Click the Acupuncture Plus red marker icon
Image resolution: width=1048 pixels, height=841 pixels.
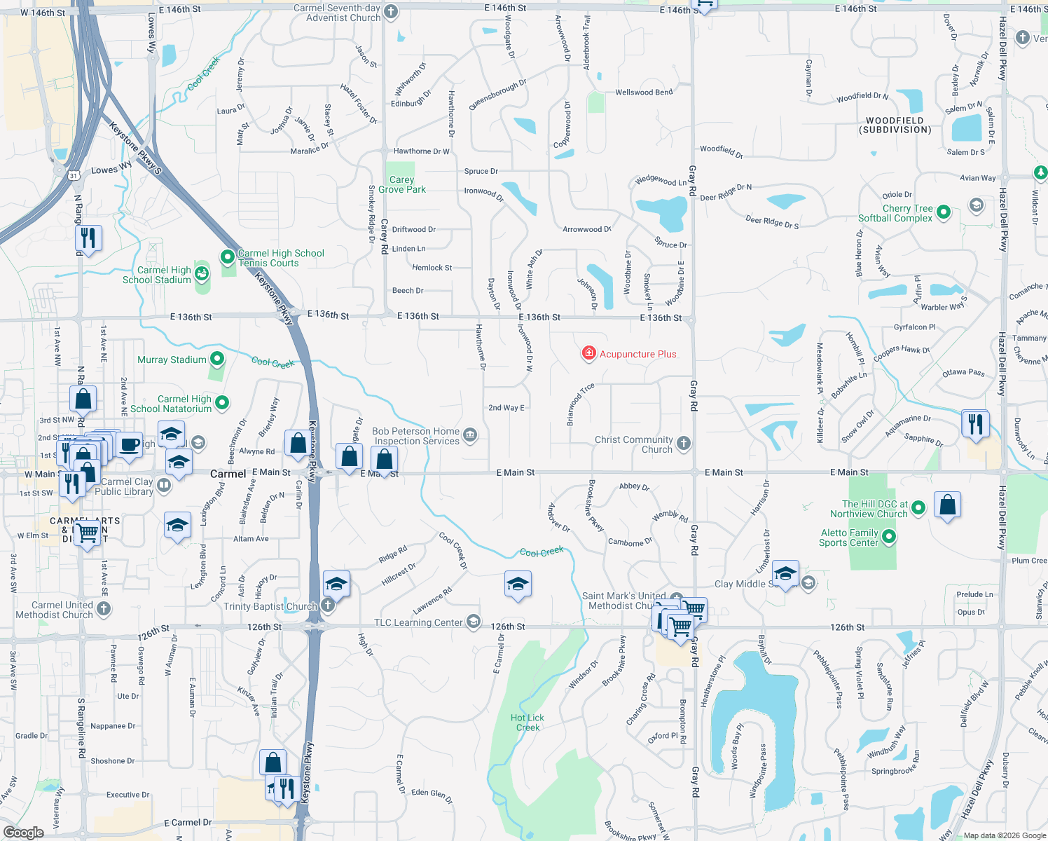tap(589, 353)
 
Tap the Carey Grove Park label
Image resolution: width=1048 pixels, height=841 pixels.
tap(402, 184)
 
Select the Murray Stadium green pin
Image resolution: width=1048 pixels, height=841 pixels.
tap(217, 359)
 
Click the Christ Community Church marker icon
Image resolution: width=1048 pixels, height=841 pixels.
tap(684, 443)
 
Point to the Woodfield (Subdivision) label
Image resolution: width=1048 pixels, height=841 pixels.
tap(895, 125)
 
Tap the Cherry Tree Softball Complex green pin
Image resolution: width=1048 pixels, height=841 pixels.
tap(944, 212)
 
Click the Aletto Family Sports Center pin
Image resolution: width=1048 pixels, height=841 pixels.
tap(889, 537)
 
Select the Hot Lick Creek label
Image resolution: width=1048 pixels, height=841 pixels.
tap(528, 723)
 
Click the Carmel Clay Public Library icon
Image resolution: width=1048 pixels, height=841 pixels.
tap(164, 484)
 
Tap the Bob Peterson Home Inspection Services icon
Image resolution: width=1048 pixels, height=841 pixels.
tap(470, 435)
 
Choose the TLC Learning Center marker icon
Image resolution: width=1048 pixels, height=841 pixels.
tap(474, 621)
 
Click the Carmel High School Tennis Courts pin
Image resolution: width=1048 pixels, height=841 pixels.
tap(228, 257)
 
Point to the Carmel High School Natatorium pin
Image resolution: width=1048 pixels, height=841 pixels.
tap(222, 402)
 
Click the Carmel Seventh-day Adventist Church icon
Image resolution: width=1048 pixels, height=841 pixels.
tap(391, 11)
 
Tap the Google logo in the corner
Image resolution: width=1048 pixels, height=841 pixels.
tap(23, 832)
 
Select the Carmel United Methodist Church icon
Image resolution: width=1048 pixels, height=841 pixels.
tap(104, 608)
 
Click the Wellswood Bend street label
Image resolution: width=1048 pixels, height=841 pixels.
tap(644, 93)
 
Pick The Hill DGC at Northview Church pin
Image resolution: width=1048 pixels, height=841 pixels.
tap(918, 507)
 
